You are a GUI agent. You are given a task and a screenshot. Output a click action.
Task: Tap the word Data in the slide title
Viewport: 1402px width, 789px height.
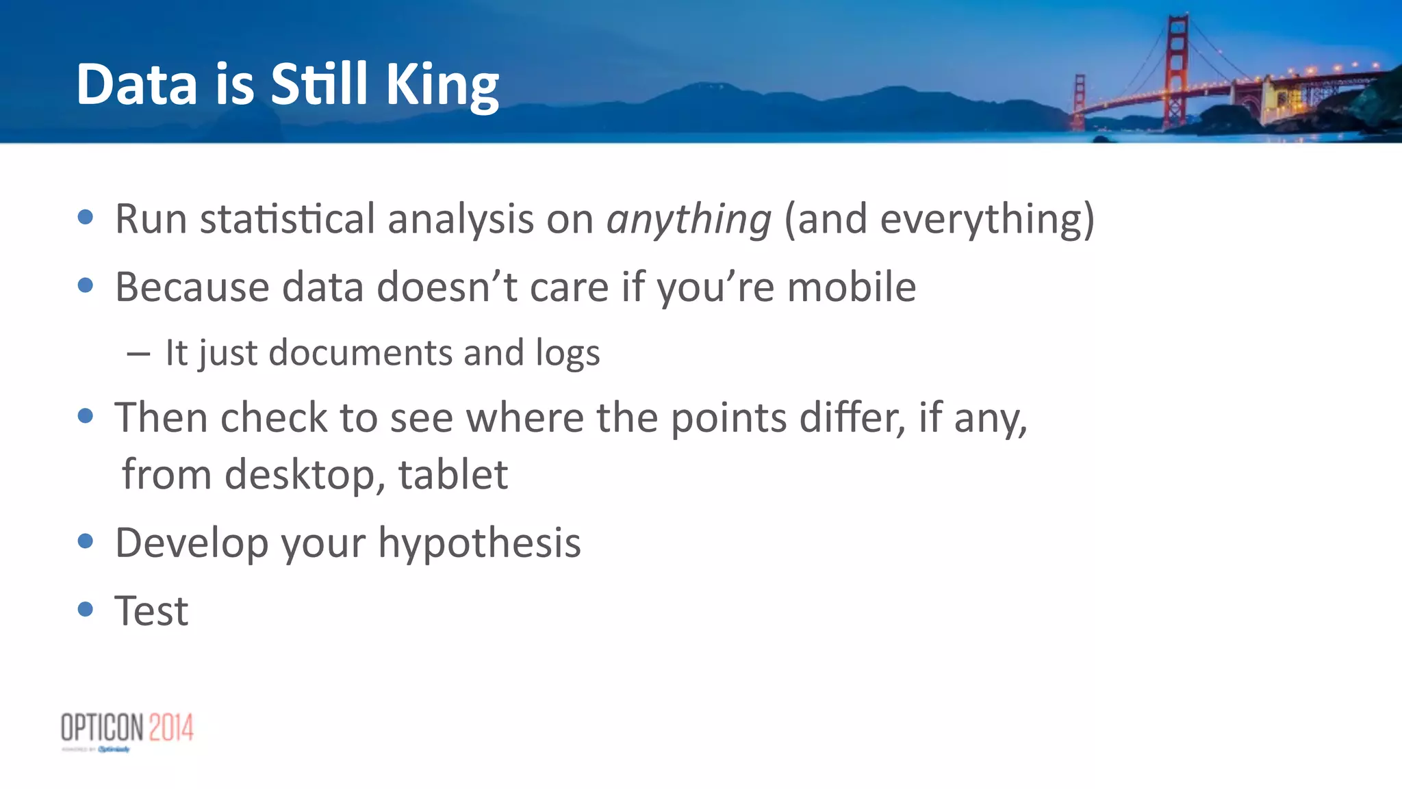point(137,85)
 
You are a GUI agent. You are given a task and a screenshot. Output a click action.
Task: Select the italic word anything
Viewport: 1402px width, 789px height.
point(689,220)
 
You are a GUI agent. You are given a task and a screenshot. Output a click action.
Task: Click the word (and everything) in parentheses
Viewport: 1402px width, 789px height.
point(939,220)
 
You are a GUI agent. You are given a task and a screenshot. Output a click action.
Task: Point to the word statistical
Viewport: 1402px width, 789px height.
point(287,220)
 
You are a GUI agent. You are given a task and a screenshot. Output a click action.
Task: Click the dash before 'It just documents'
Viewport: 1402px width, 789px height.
point(138,354)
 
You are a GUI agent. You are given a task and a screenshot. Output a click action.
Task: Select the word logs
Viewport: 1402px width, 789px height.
point(568,354)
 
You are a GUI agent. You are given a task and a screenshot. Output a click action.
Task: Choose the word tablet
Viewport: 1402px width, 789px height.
point(453,475)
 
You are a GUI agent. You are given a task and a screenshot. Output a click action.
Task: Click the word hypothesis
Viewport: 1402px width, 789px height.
point(479,543)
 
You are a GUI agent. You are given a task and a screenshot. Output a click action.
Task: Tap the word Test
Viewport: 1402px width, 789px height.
point(151,610)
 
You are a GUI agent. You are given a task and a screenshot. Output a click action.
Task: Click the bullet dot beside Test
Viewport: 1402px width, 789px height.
point(86,609)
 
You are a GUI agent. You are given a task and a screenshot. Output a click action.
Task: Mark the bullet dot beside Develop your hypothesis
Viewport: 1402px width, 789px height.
point(86,541)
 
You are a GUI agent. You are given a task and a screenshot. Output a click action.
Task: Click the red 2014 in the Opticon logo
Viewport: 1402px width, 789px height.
point(171,727)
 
